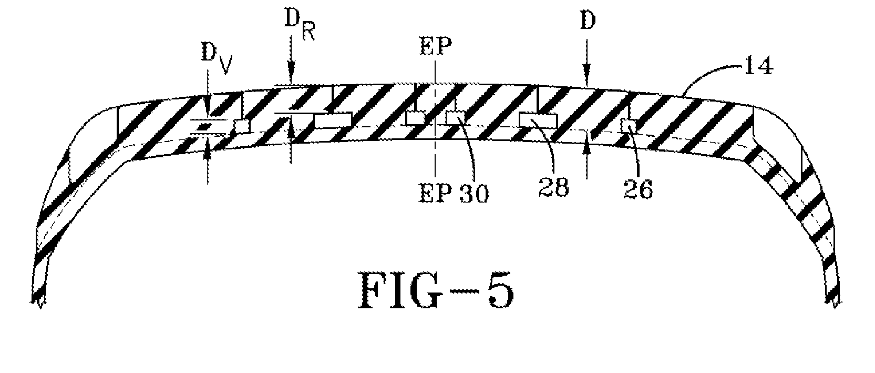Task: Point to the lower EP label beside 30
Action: tap(435, 194)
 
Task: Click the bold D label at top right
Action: tap(588, 21)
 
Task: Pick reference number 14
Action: tap(758, 66)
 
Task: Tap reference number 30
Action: tap(474, 194)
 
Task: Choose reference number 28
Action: tap(554, 187)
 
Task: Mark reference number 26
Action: tap(638, 190)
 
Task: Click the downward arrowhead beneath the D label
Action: tap(586, 80)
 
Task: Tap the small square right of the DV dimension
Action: tap(242, 126)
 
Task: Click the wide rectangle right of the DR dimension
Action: tap(333, 120)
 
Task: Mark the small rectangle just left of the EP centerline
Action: tap(415, 117)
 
